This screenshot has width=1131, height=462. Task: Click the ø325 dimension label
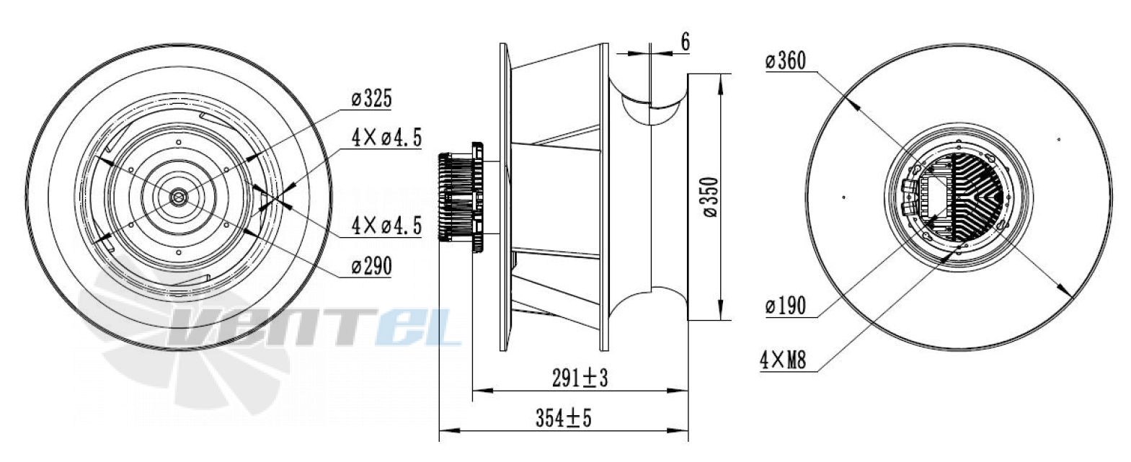pos(372,99)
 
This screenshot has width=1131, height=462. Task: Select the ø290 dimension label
pos(372,266)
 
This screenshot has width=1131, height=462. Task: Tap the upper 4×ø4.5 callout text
pos(386,138)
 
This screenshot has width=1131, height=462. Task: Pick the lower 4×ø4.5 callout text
pos(386,226)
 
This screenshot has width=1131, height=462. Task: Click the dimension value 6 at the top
pos(686,42)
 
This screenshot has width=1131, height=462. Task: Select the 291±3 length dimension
pos(580,378)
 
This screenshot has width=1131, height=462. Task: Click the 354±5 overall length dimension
pos(564,418)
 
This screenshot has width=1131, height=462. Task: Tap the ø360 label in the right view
pos(786,61)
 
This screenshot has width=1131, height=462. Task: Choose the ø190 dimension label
pos(786,306)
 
